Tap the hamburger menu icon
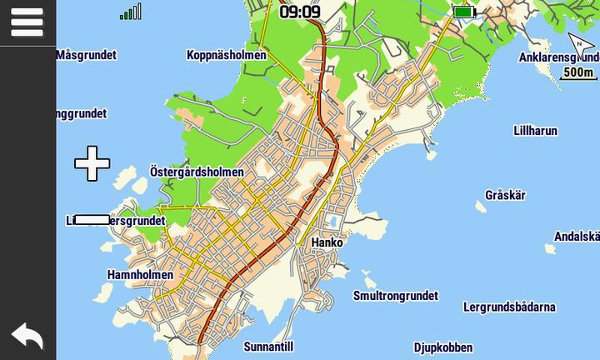coord(27,22)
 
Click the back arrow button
coord(27,336)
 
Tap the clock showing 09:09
coord(299,12)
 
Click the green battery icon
coord(463,12)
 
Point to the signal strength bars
coord(131,12)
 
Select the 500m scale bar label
coord(578,72)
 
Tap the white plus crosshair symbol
coord(92,163)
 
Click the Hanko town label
coord(327,242)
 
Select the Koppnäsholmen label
coord(227,55)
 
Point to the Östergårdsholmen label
coord(197,172)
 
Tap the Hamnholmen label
coord(140,274)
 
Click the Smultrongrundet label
coord(395,296)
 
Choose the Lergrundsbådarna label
coord(509,307)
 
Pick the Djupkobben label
coord(443,347)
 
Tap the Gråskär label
coord(505,195)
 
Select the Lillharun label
coord(535,131)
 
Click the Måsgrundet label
coord(86,55)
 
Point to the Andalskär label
coord(577,236)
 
